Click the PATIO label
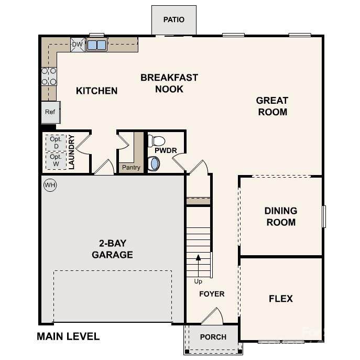[174, 19]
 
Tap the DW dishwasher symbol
[78, 45]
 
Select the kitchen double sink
[96, 45]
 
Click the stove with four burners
[49, 77]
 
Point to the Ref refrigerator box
[51, 112]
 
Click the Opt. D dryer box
[56, 143]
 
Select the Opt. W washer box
[56, 160]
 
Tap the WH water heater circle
[50, 185]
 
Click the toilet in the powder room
[156, 141]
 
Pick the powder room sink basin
[154, 163]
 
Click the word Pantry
[131, 167]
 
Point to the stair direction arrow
[198, 266]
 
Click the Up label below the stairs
[198, 281]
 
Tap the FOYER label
[212, 294]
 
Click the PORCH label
[213, 337]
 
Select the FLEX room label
[281, 299]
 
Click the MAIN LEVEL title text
[68, 336]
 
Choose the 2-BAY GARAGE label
[112, 249]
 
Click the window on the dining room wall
[324, 216]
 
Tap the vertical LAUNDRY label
[71, 152]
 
